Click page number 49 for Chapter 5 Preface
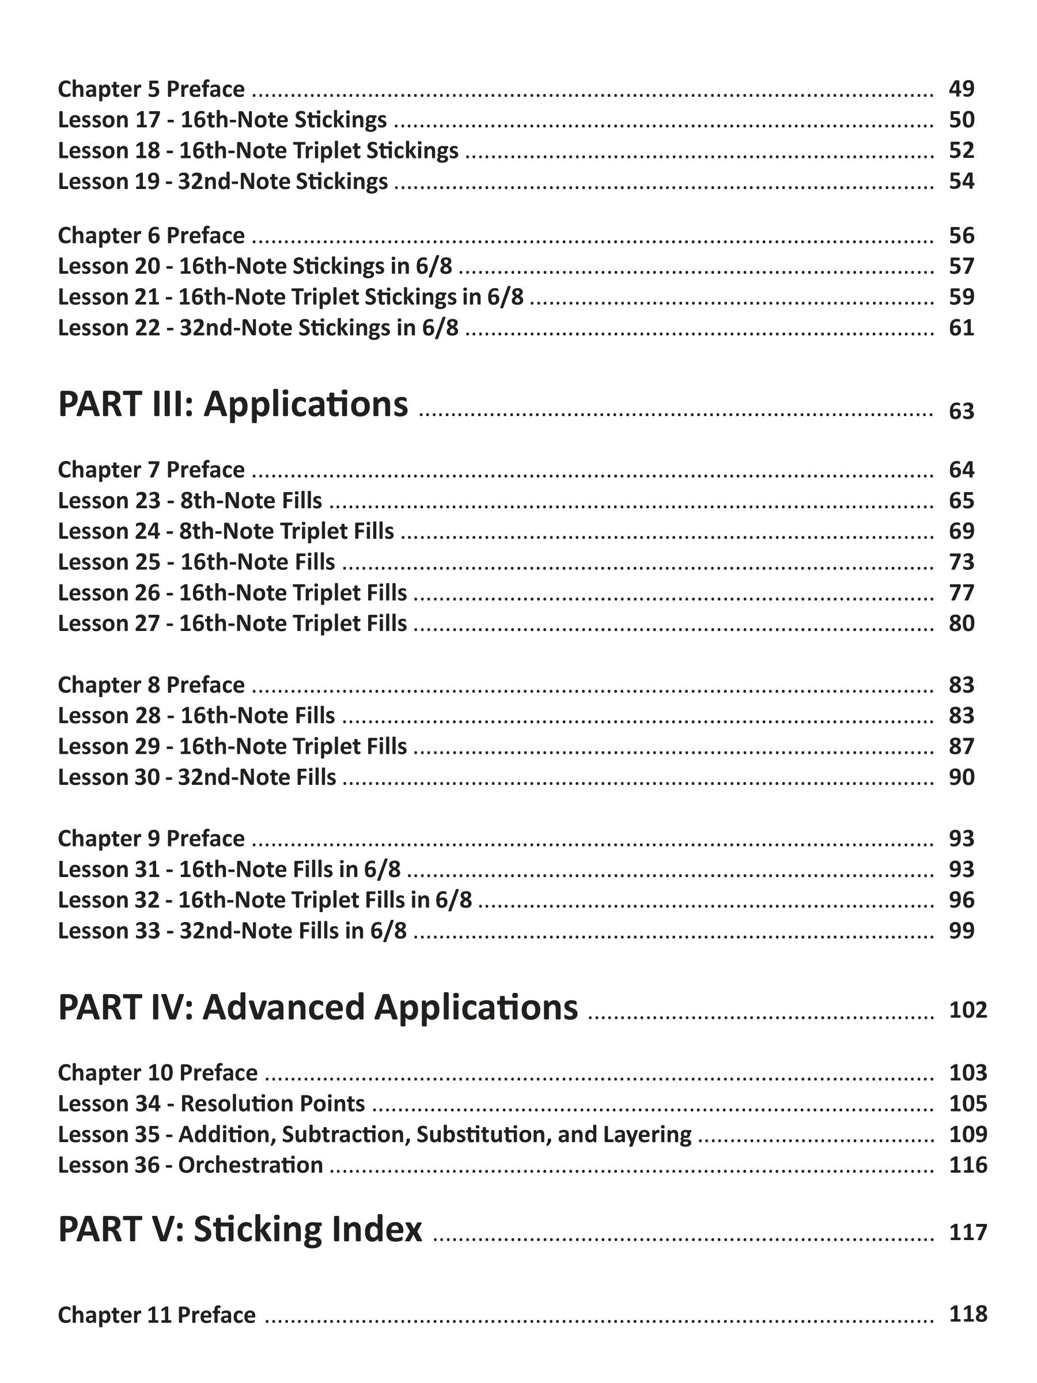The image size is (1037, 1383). click(961, 89)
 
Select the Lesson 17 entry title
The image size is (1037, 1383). click(222, 119)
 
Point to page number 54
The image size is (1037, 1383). click(961, 182)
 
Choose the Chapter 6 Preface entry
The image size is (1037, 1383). click(152, 236)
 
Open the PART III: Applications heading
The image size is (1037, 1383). click(233, 405)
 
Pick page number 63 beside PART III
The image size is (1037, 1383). click(961, 411)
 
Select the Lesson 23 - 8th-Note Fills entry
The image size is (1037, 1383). click(190, 501)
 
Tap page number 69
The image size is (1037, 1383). click(961, 531)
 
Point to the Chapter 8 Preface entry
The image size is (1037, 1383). click(152, 685)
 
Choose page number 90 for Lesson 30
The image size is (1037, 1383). click(961, 777)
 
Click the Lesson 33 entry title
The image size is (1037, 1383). click(232, 931)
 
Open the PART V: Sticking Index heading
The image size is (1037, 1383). click(240, 1229)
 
